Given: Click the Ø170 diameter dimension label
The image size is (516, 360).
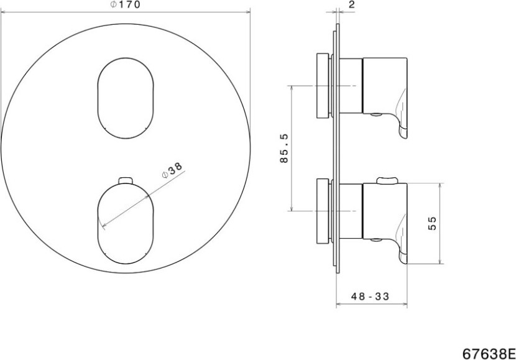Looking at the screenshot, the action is [x=125, y=4].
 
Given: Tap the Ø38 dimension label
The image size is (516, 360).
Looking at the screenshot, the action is [x=172, y=170].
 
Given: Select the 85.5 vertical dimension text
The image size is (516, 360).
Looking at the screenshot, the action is [x=283, y=148].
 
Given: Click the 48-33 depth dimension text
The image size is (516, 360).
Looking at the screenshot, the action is [x=371, y=297].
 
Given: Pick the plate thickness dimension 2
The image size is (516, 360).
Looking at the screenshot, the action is [x=352, y=4].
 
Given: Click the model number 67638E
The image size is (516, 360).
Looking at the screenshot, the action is [x=489, y=354].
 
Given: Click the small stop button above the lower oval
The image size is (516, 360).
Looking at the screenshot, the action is [x=126, y=180].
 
